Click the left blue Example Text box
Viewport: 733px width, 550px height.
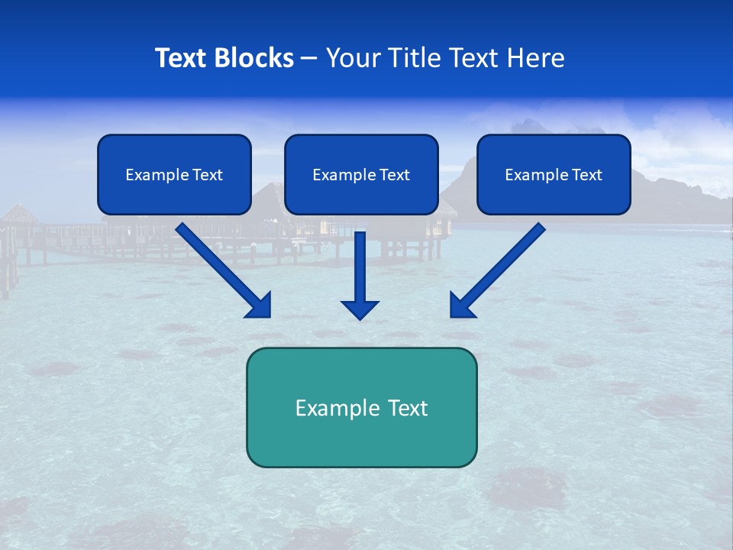click(174, 175)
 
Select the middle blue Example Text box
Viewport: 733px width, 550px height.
click(361, 175)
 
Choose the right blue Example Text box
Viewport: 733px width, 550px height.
click(554, 175)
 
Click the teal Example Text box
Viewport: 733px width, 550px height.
click(361, 407)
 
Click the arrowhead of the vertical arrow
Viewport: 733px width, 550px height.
click(360, 309)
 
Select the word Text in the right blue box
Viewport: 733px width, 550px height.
click(586, 175)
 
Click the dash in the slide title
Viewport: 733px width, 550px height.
click(309, 59)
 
